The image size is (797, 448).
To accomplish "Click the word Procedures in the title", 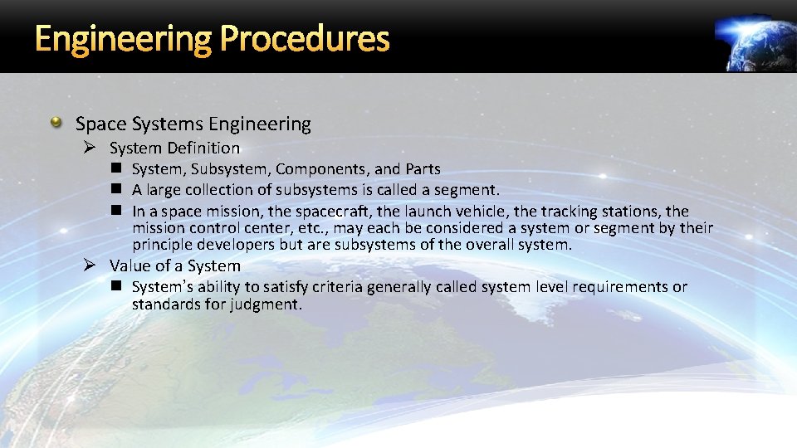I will pos(306,38).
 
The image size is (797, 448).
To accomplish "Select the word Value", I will pos(130,266).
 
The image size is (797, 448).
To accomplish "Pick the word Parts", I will pos(423,169).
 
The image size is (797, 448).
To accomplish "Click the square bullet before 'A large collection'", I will pos(117,190).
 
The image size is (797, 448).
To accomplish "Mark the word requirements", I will pos(625,287).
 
